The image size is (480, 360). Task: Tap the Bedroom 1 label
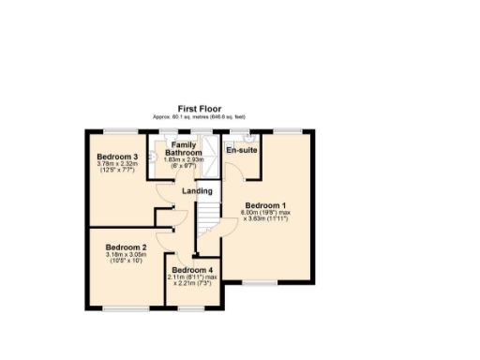point(265,205)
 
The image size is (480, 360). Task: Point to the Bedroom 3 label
point(117,157)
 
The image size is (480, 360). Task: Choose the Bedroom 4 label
point(193,270)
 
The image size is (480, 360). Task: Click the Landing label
point(197,192)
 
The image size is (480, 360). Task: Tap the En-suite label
point(242,149)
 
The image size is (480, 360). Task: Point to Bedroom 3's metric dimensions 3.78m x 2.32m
point(117,164)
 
